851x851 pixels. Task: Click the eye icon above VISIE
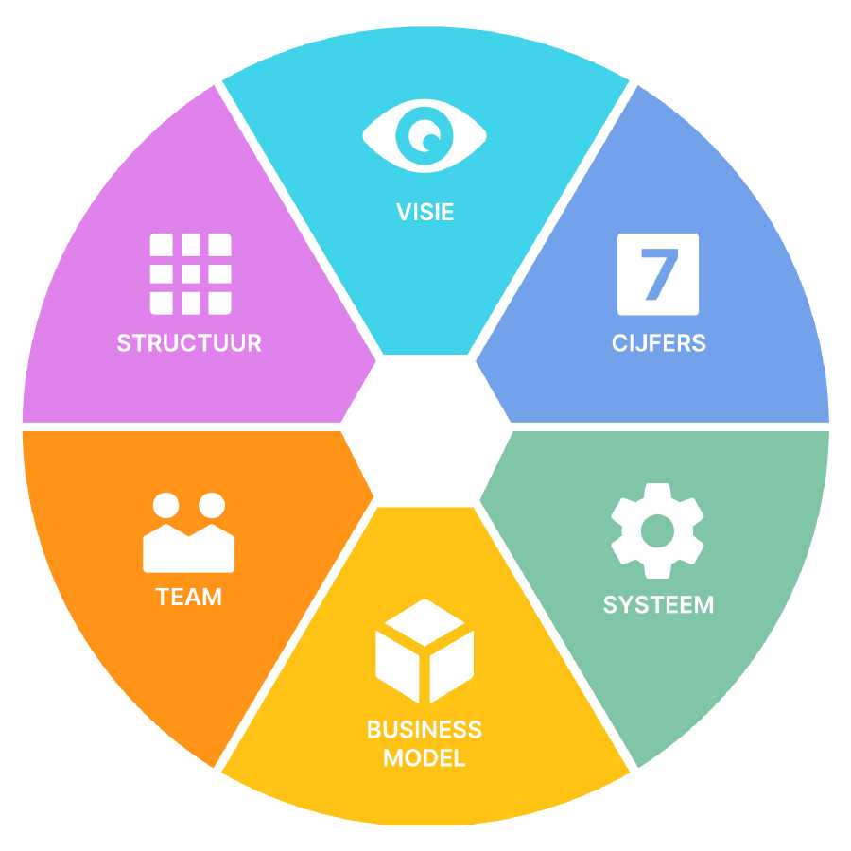click(425, 135)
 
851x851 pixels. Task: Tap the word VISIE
click(425, 212)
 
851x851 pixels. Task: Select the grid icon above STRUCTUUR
click(190, 274)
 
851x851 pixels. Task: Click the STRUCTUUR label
click(189, 343)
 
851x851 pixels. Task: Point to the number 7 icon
click(658, 274)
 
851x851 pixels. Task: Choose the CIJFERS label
click(659, 343)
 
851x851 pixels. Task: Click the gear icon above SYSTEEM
click(657, 530)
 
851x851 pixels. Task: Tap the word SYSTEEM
click(658, 604)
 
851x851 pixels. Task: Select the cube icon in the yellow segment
click(425, 651)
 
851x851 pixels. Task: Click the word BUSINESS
click(425, 730)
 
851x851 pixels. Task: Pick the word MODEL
click(425, 758)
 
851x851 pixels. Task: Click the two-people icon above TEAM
click(189, 532)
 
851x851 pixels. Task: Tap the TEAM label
click(189, 597)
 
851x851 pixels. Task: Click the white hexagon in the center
click(426, 430)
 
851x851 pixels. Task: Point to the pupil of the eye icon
click(425, 135)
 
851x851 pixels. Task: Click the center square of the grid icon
click(190, 274)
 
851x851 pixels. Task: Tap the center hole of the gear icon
click(657, 530)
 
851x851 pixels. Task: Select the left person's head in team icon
click(166, 505)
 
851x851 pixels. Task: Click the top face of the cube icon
click(425, 622)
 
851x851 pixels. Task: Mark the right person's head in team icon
click(212, 505)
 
